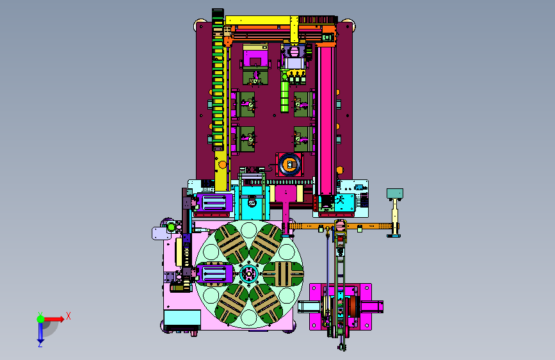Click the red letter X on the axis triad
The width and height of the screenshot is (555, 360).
click(68, 316)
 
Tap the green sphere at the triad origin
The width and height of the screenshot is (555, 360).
click(41, 319)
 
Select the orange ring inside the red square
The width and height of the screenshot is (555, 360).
click(290, 165)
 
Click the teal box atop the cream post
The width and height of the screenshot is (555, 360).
click(395, 193)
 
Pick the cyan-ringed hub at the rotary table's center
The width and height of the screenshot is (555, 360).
click(249, 273)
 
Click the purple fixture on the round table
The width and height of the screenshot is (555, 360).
click(214, 274)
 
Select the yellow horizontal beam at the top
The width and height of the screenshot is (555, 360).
click(258, 20)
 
